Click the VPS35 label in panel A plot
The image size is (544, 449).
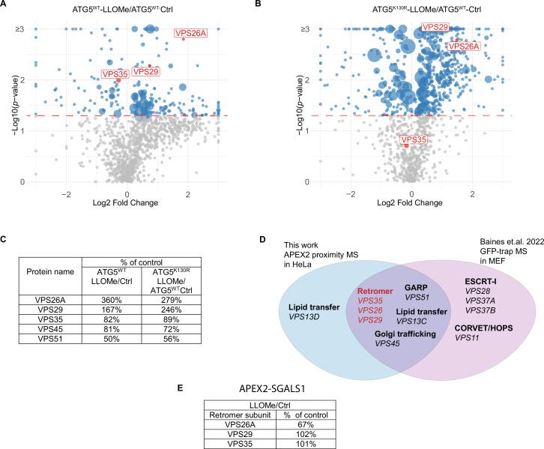pos(115,74)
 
